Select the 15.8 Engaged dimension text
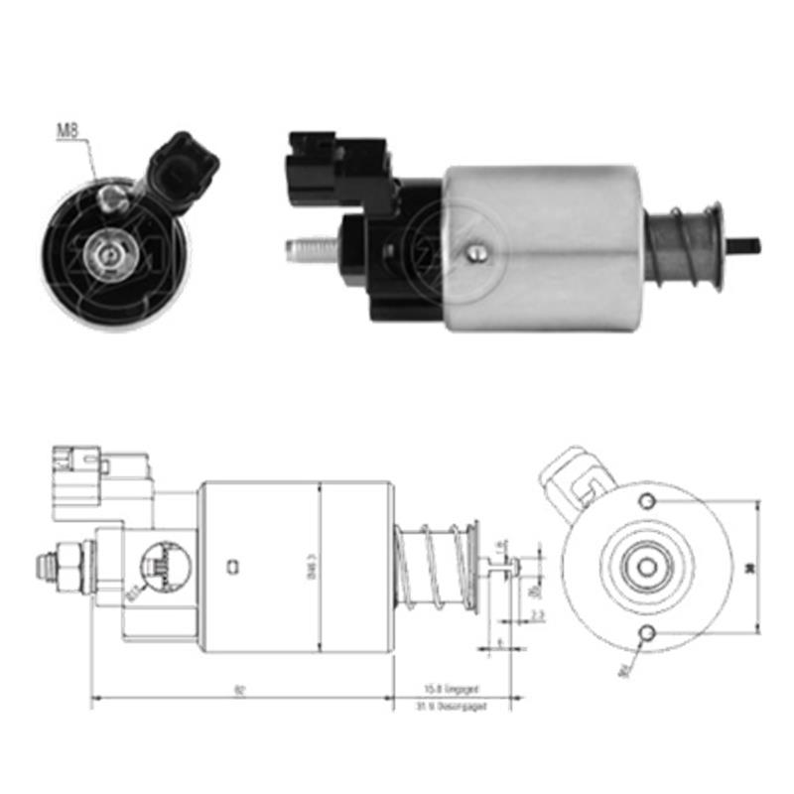[453, 687]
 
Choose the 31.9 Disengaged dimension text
[453, 706]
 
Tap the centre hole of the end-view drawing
[647, 567]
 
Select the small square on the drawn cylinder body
[231, 568]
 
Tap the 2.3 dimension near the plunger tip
[537, 616]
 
